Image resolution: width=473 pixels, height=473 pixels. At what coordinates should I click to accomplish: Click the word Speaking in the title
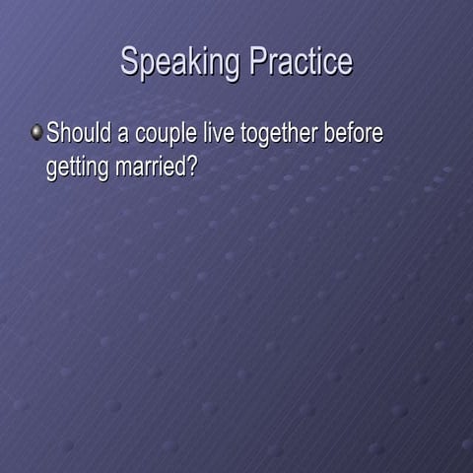point(180,63)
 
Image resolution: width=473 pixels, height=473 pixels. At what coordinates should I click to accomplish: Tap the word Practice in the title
point(301,61)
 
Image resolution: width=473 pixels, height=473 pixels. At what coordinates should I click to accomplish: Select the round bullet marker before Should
point(36,132)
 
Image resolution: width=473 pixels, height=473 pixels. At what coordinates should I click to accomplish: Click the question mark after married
point(193,166)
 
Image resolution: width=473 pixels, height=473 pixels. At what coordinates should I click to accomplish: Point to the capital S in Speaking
point(128,61)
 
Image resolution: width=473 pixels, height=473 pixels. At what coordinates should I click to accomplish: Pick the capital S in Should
point(53,133)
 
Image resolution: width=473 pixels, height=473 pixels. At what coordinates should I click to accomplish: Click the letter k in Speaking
point(190,61)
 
